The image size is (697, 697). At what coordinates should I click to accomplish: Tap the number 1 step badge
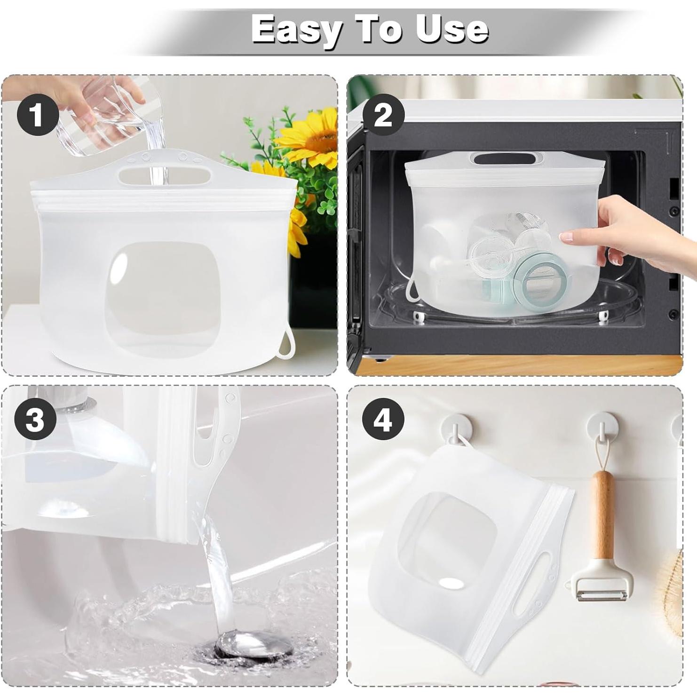[38, 114]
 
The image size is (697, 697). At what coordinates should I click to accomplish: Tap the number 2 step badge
[383, 114]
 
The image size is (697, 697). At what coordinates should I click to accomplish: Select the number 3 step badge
[36, 419]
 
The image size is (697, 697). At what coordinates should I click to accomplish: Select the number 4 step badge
[383, 419]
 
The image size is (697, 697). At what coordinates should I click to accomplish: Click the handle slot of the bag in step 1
[165, 176]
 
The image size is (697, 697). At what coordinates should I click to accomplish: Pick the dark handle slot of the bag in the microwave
[508, 159]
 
